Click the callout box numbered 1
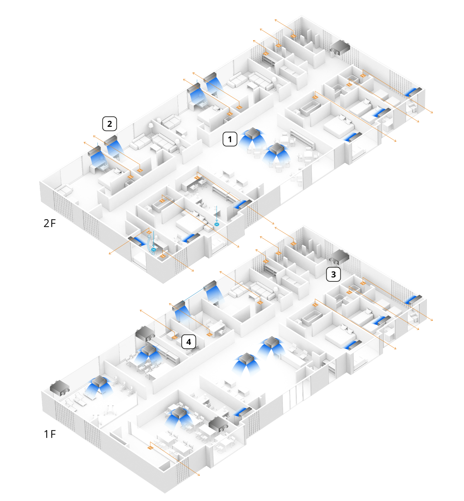click(229, 139)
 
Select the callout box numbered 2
click(109, 124)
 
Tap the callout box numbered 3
click(333, 274)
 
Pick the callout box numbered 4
click(189, 342)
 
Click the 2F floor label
click(49, 223)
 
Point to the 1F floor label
click(50, 434)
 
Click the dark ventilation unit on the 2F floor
click(340, 48)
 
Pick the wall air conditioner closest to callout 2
click(111, 140)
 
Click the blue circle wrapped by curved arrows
click(153, 249)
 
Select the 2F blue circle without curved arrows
click(217, 224)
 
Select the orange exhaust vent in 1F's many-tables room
click(150, 448)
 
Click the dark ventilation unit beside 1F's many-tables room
click(218, 424)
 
